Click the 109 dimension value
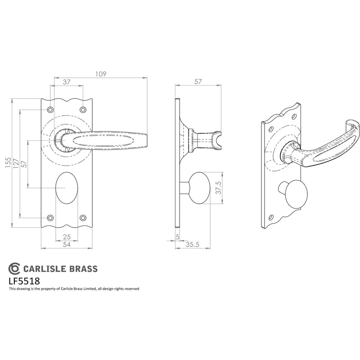tap(101, 74)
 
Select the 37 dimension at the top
tap(66, 82)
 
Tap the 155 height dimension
tap(8, 163)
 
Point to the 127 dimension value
tap(16, 164)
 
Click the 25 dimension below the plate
tap(67, 237)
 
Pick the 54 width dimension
tap(67, 244)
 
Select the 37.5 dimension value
tap(219, 188)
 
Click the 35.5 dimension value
tap(193, 244)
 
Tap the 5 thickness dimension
tap(177, 237)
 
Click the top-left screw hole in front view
tap(50, 110)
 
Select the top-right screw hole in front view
tap(83, 110)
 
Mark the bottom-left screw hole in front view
tap(50, 218)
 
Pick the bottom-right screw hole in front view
tap(83, 218)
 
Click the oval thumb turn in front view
tap(67, 188)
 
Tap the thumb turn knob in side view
tap(199, 188)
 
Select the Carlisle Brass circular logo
tap(14, 269)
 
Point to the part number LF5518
tap(24, 281)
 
